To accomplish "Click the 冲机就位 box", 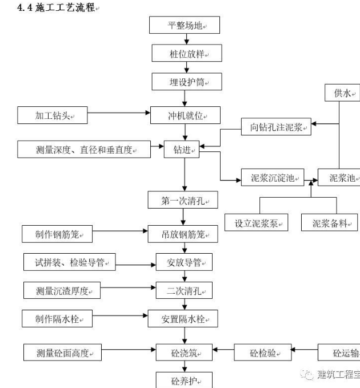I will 186,115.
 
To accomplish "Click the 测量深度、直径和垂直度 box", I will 84,150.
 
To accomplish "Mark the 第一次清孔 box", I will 182,201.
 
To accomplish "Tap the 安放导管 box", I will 184,263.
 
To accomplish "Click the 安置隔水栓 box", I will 183,318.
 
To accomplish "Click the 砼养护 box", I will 179,380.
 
